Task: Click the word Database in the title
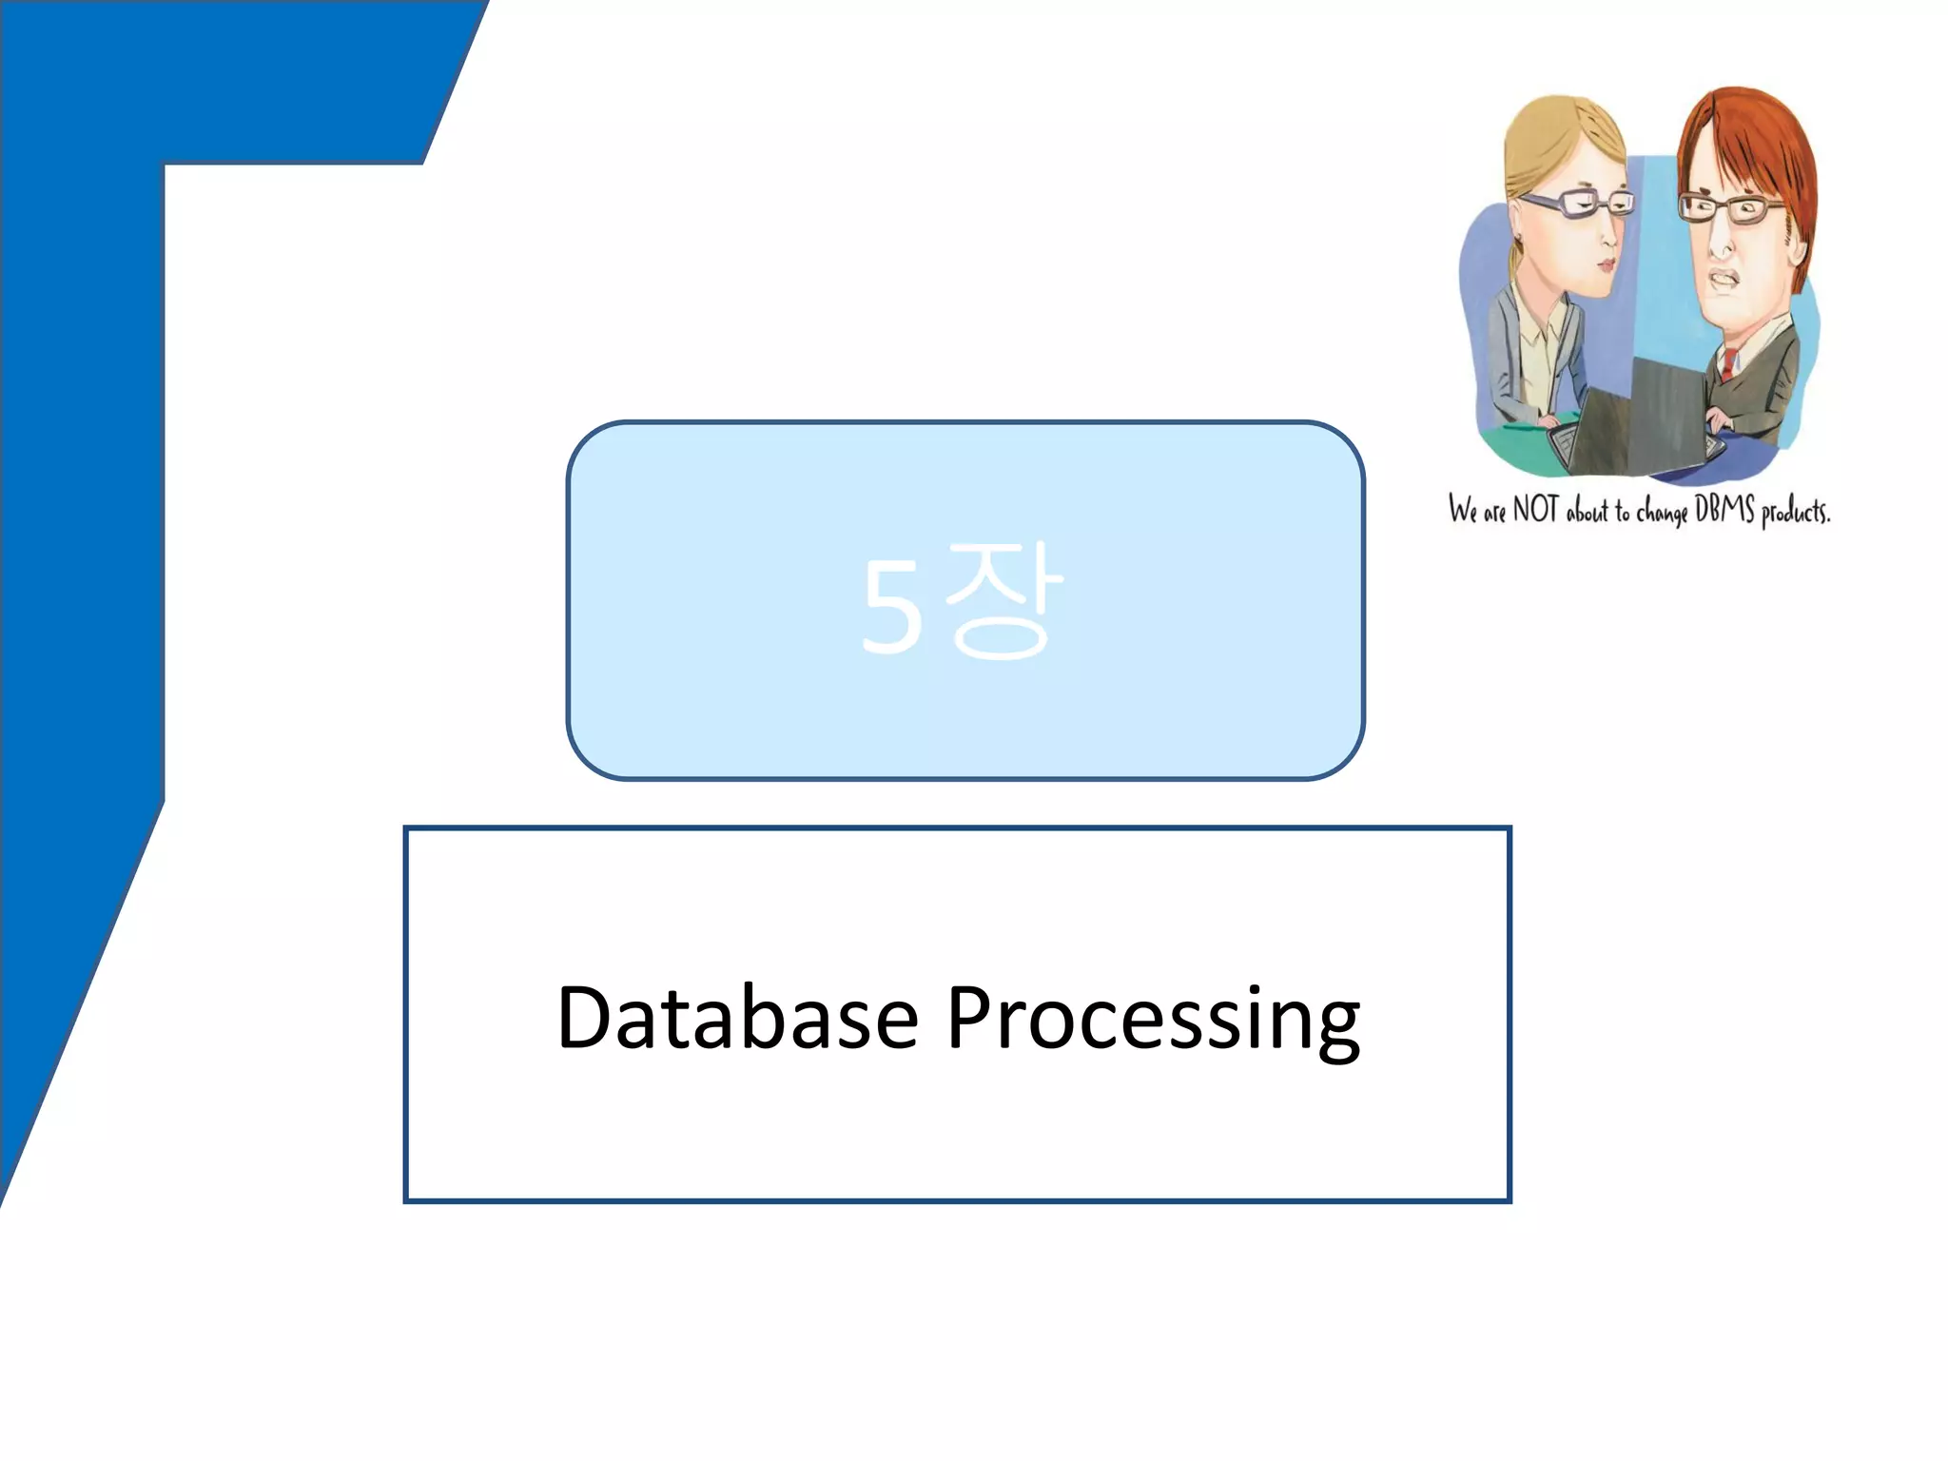[x=737, y=1019]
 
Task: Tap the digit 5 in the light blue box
[x=891, y=607]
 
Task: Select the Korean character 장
[x=1002, y=599]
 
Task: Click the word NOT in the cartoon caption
[x=1535, y=510]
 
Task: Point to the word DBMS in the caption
[x=1724, y=510]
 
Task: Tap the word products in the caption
[x=1795, y=513]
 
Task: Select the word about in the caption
[x=1587, y=513]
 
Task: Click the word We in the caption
[x=1463, y=510]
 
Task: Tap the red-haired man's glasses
[x=1730, y=208]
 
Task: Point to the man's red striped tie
[x=1727, y=364]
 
